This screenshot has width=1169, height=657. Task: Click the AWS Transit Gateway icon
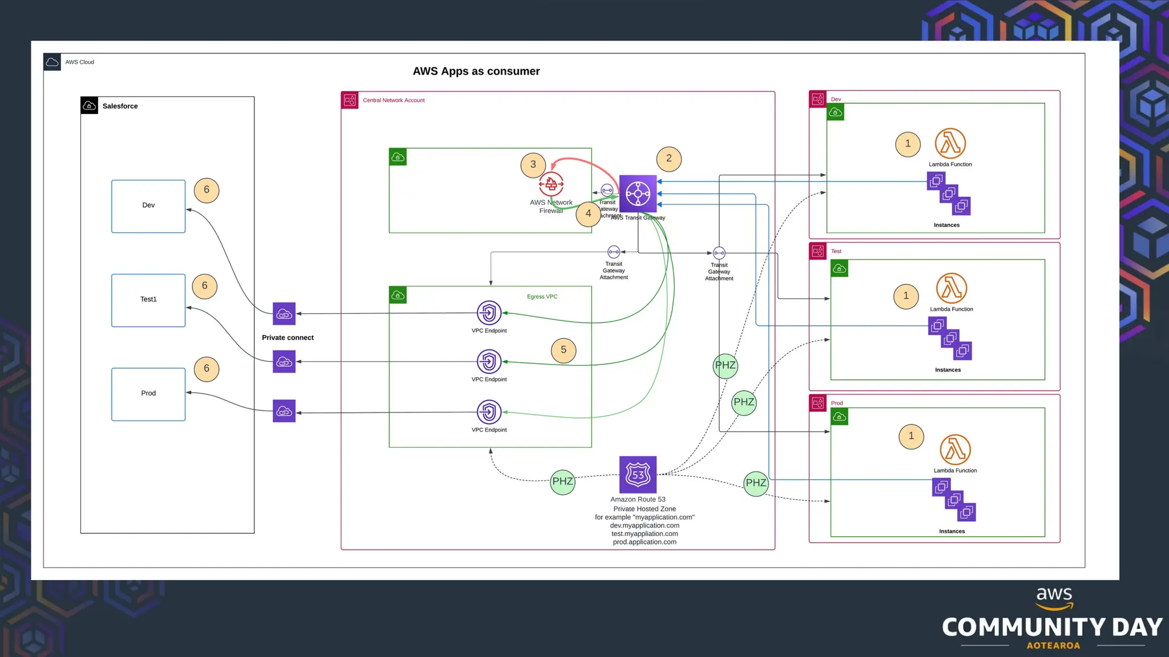[638, 194]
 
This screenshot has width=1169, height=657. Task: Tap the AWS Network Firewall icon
[551, 184]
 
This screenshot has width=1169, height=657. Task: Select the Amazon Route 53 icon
[638, 474]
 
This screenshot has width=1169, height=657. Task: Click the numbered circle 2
[668, 159]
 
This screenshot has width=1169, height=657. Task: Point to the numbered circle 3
[533, 165]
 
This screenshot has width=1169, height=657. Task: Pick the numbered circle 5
[563, 350]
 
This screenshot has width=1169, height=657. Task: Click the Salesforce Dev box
[148, 206]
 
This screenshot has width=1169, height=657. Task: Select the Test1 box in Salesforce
[148, 300]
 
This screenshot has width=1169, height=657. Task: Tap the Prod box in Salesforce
[148, 394]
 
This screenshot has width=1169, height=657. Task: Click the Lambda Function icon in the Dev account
[950, 143]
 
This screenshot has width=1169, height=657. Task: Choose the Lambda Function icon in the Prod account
[955, 449]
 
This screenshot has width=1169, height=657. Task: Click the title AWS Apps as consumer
[476, 71]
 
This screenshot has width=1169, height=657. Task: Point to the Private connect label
[288, 338]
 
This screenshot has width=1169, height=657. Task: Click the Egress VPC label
[542, 297]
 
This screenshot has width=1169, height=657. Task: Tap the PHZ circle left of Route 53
[562, 482]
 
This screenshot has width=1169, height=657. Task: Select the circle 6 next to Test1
[204, 286]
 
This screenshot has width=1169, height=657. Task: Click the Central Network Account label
[393, 100]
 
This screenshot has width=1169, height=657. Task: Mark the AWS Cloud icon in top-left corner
[52, 62]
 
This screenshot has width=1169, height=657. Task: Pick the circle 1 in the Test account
[906, 296]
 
